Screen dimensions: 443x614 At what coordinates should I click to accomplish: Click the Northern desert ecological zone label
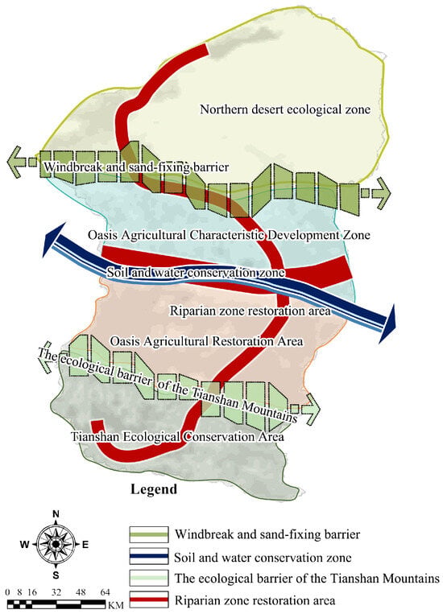(x=285, y=109)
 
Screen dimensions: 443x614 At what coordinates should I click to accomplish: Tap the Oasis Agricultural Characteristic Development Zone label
(x=229, y=235)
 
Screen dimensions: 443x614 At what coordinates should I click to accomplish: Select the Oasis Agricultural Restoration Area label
(x=207, y=341)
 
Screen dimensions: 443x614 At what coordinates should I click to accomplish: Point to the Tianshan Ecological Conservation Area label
(x=177, y=437)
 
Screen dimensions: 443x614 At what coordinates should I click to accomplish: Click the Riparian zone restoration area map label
(x=250, y=311)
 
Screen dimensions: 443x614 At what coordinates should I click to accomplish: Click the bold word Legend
(x=154, y=489)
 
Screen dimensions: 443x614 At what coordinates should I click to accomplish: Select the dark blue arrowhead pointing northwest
(x=53, y=240)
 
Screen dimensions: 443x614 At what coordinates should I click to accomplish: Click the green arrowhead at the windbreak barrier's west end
(x=14, y=162)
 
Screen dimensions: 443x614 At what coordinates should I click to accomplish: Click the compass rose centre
(x=56, y=544)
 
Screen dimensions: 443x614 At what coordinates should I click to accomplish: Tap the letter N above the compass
(x=56, y=514)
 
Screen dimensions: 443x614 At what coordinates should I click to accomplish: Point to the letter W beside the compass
(x=25, y=544)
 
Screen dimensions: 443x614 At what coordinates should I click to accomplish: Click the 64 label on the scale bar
(x=105, y=592)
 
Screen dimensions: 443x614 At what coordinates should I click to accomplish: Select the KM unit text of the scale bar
(x=116, y=605)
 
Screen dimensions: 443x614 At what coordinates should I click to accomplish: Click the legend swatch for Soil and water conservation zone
(x=149, y=556)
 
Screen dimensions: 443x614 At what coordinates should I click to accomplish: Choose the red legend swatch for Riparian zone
(x=149, y=600)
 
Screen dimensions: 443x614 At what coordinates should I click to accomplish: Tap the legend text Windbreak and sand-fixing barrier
(x=267, y=534)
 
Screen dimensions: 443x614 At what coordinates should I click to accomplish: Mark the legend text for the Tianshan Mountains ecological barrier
(x=307, y=579)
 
